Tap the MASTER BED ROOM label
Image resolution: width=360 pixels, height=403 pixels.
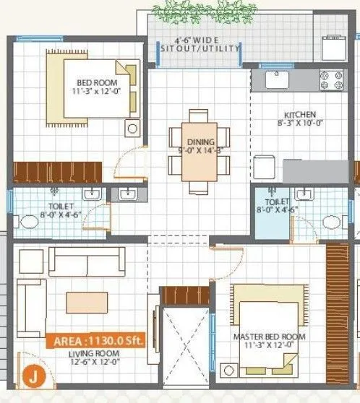coord(269,337)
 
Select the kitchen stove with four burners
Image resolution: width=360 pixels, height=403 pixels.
coord(333,79)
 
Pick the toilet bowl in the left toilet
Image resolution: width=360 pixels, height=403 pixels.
coord(29,221)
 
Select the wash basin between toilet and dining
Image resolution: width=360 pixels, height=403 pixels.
coord(128,194)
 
